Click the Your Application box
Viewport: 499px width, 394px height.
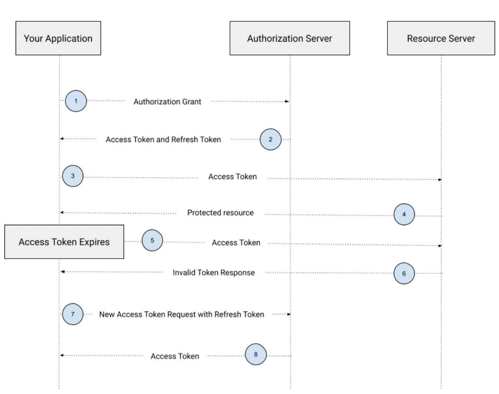[58, 38]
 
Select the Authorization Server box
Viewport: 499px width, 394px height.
[289, 38]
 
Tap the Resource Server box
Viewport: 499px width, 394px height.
[441, 38]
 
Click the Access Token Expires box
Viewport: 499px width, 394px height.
[64, 242]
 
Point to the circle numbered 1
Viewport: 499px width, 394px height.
[76, 101]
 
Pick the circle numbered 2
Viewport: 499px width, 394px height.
[271, 139]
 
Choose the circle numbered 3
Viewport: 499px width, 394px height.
[73, 177]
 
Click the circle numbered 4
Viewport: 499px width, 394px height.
[404, 214]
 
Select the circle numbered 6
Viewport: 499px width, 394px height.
[404, 274]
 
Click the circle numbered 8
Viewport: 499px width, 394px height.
[256, 355]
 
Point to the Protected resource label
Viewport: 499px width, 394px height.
[220, 213]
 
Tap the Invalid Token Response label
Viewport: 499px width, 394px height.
[213, 273]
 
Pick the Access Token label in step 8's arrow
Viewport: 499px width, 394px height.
[175, 356]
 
